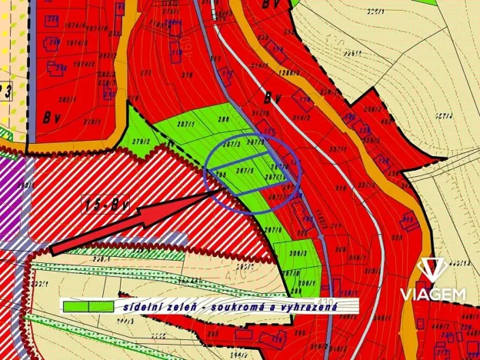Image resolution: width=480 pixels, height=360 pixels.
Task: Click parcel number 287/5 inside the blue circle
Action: pos(245,170)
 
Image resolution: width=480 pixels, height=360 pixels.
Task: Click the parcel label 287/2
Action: pos(233,144)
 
